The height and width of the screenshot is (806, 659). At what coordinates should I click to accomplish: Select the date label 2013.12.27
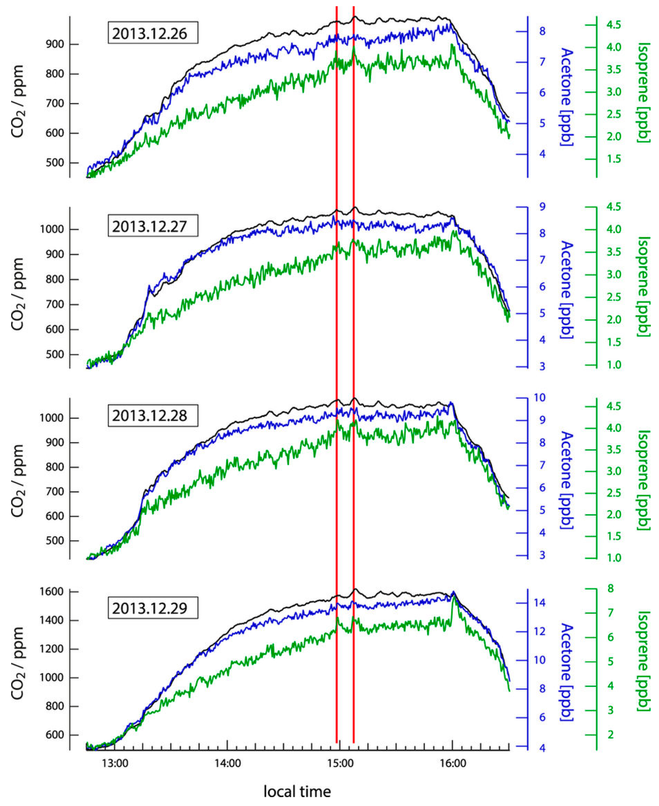[x=150, y=226]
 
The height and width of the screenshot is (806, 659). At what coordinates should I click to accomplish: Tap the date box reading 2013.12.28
[x=150, y=415]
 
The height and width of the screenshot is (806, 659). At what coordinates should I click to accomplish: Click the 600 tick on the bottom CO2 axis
[x=55, y=735]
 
